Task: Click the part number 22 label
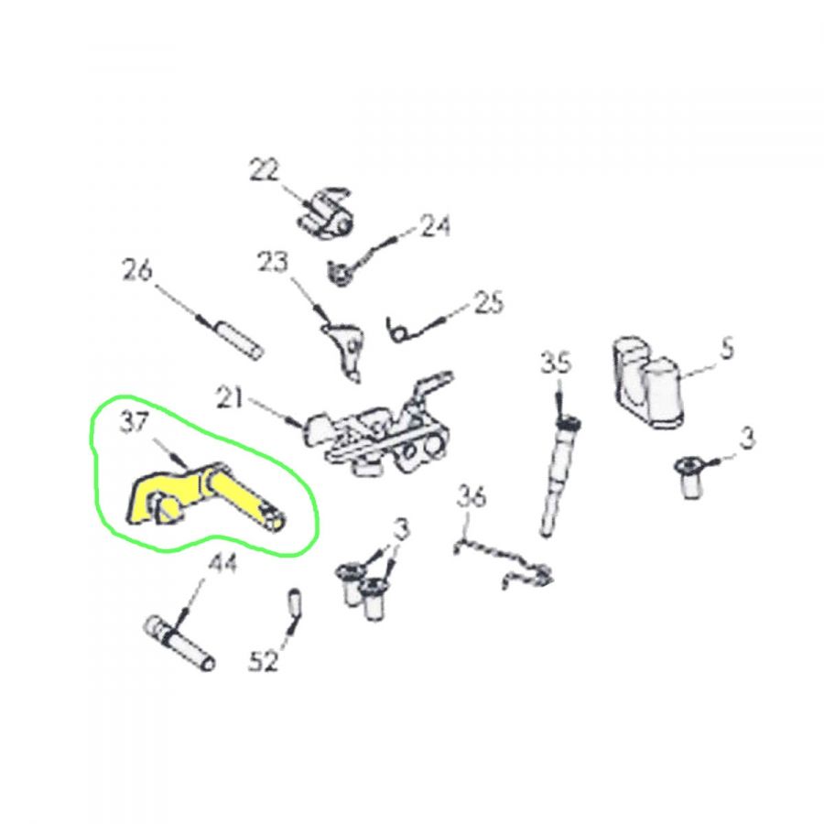click(x=265, y=169)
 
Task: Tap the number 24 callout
click(x=434, y=226)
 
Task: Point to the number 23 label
click(x=273, y=262)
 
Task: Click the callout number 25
click(x=489, y=302)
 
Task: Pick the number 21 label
click(x=230, y=398)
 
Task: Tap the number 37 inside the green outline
click(x=135, y=421)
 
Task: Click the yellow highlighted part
click(x=205, y=496)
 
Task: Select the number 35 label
click(x=556, y=363)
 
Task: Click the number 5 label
click(x=727, y=348)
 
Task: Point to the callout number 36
click(x=471, y=496)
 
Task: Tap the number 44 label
click(x=222, y=563)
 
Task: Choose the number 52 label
click(x=264, y=660)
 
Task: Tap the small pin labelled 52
click(x=295, y=602)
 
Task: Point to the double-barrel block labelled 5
click(x=647, y=382)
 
